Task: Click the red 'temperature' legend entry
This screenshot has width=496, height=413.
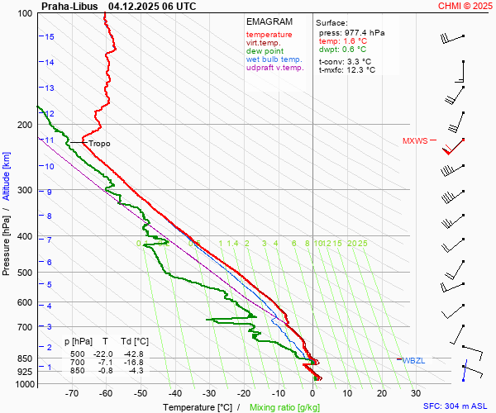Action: pos(269,35)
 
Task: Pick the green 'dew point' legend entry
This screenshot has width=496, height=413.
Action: pos(265,51)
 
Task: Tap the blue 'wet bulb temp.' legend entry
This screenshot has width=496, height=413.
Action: pos(274,59)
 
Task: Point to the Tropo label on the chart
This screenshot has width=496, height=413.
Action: pos(99,144)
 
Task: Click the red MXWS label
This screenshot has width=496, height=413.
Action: pos(415,141)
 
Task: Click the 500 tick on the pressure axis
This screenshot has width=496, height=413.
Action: pos(24,273)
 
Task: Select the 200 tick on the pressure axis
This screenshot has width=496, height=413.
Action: pos(24,125)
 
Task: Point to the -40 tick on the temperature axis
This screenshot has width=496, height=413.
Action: pos(174,394)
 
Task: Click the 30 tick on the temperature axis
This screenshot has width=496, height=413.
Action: pos(416,394)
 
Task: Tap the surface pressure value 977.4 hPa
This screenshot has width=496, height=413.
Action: pos(365,32)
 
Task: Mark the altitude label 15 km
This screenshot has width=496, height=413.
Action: pos(50,37)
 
